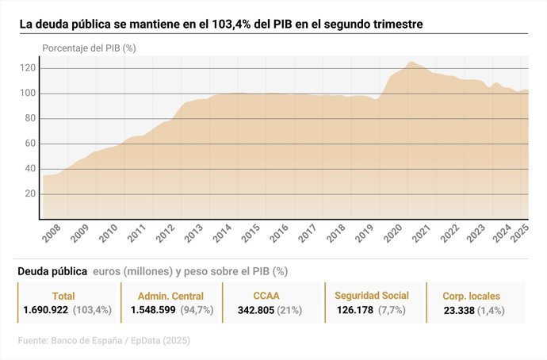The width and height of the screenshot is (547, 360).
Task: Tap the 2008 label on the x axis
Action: [52, 236]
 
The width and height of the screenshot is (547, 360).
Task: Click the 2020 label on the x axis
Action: [390, 236]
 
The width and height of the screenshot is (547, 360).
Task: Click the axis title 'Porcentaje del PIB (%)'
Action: [89, 48]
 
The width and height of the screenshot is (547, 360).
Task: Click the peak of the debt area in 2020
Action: [411, 62]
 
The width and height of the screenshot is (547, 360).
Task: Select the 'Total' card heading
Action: [63, 296]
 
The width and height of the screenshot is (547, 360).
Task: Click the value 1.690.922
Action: [46, 310]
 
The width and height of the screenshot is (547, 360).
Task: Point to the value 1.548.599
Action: [153, 310]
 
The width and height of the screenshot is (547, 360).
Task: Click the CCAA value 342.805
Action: [254, 310]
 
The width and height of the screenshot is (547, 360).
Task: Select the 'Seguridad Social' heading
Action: [371, 296]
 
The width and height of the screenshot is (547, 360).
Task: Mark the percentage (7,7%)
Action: [392, 310]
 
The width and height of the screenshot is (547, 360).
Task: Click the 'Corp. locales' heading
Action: [471, 296]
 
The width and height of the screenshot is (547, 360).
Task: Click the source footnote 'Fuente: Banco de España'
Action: [75, 341]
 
